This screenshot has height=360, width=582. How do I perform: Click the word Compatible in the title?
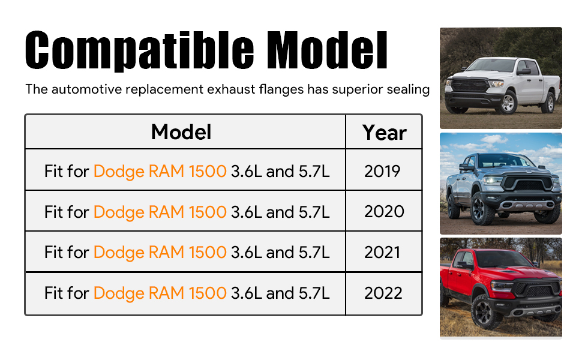(140, 51)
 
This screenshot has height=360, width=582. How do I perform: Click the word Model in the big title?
(327, 50)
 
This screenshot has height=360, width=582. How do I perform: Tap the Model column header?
(181, 132)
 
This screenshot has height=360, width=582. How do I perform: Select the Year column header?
(384, 133)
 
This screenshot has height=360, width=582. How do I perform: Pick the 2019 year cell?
(382, 171)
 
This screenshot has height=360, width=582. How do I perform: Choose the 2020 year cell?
(384, 212)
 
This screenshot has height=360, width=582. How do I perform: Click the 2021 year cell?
(382, 253)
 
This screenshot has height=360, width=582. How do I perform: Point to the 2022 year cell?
(383, 293)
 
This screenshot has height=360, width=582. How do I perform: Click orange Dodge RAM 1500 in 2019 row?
(160, 172)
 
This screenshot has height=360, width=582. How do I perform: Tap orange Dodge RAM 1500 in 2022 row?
(160, 293)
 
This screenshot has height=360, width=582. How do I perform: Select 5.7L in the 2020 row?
(314, 212)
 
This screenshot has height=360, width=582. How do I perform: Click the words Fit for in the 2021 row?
(67, 253)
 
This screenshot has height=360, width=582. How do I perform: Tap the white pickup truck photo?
(501, 78)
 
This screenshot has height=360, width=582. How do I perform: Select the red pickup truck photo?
(501, 287)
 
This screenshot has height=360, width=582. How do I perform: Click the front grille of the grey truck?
(527, 183)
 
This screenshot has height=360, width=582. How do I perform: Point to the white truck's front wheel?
(508, 102)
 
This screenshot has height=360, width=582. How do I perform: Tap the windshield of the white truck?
(491, 65)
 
